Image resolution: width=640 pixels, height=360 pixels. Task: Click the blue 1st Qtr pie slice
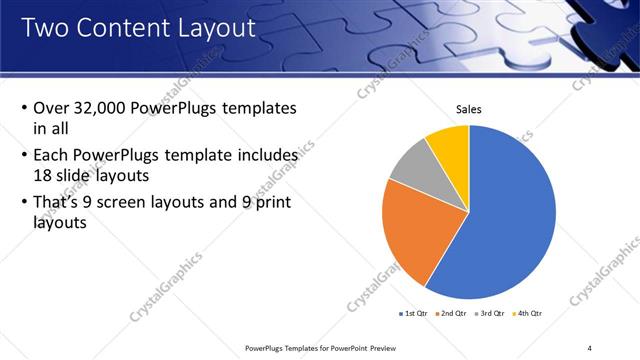coord(510,220)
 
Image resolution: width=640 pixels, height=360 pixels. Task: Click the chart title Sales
coord(469,108)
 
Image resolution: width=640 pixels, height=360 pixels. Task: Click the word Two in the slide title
coord(43,29)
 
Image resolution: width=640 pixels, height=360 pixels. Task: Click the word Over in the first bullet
coord(50,108)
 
